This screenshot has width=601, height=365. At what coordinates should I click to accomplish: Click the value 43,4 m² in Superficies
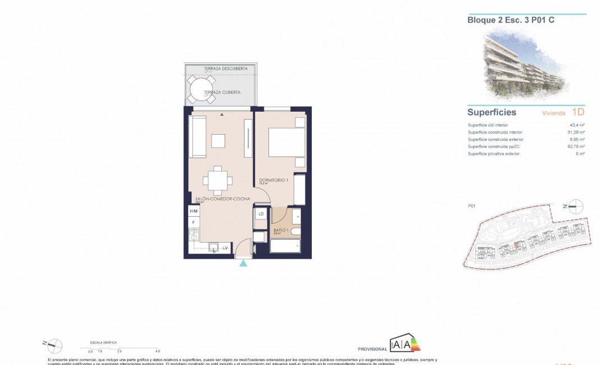(x=577, y=125)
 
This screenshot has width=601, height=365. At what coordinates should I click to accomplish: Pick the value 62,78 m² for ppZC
(x=576, y=147)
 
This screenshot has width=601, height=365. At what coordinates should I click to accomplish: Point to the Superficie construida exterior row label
(x=497, y=139)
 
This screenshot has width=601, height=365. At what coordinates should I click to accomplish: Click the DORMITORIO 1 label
(x=274, y=180)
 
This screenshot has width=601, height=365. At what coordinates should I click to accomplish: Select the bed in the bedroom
(x=286, y=143)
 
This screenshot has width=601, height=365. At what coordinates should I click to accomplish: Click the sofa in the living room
(x=198, y=137)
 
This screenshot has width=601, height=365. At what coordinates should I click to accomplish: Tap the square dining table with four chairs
(x=217, y=180)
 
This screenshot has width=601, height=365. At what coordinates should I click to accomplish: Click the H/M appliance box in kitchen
(x=193, y=211)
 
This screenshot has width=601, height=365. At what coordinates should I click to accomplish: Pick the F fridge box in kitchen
(x=193, y=223)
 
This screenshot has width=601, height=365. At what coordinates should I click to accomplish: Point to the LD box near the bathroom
(x=261, y=214)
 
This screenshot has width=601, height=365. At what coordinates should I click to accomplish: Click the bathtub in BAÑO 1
(x=285, y=247)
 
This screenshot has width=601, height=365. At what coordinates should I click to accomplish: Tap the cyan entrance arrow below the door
(x=243, y=263)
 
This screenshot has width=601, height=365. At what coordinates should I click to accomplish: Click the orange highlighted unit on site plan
(x=516, y=245)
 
